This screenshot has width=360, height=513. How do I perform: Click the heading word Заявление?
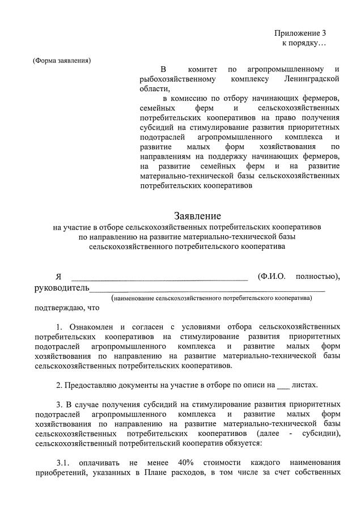[197, 216]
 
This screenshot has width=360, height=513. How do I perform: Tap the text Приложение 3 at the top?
[300, 33]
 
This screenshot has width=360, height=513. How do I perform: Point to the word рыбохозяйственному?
[179, 79]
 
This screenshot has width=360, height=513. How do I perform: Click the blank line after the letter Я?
[159, 277]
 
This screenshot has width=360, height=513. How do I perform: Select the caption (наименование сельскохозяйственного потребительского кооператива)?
[211, 297]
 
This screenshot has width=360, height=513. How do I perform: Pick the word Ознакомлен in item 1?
[91, 327]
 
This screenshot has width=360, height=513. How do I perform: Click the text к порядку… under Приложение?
[304, 43]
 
